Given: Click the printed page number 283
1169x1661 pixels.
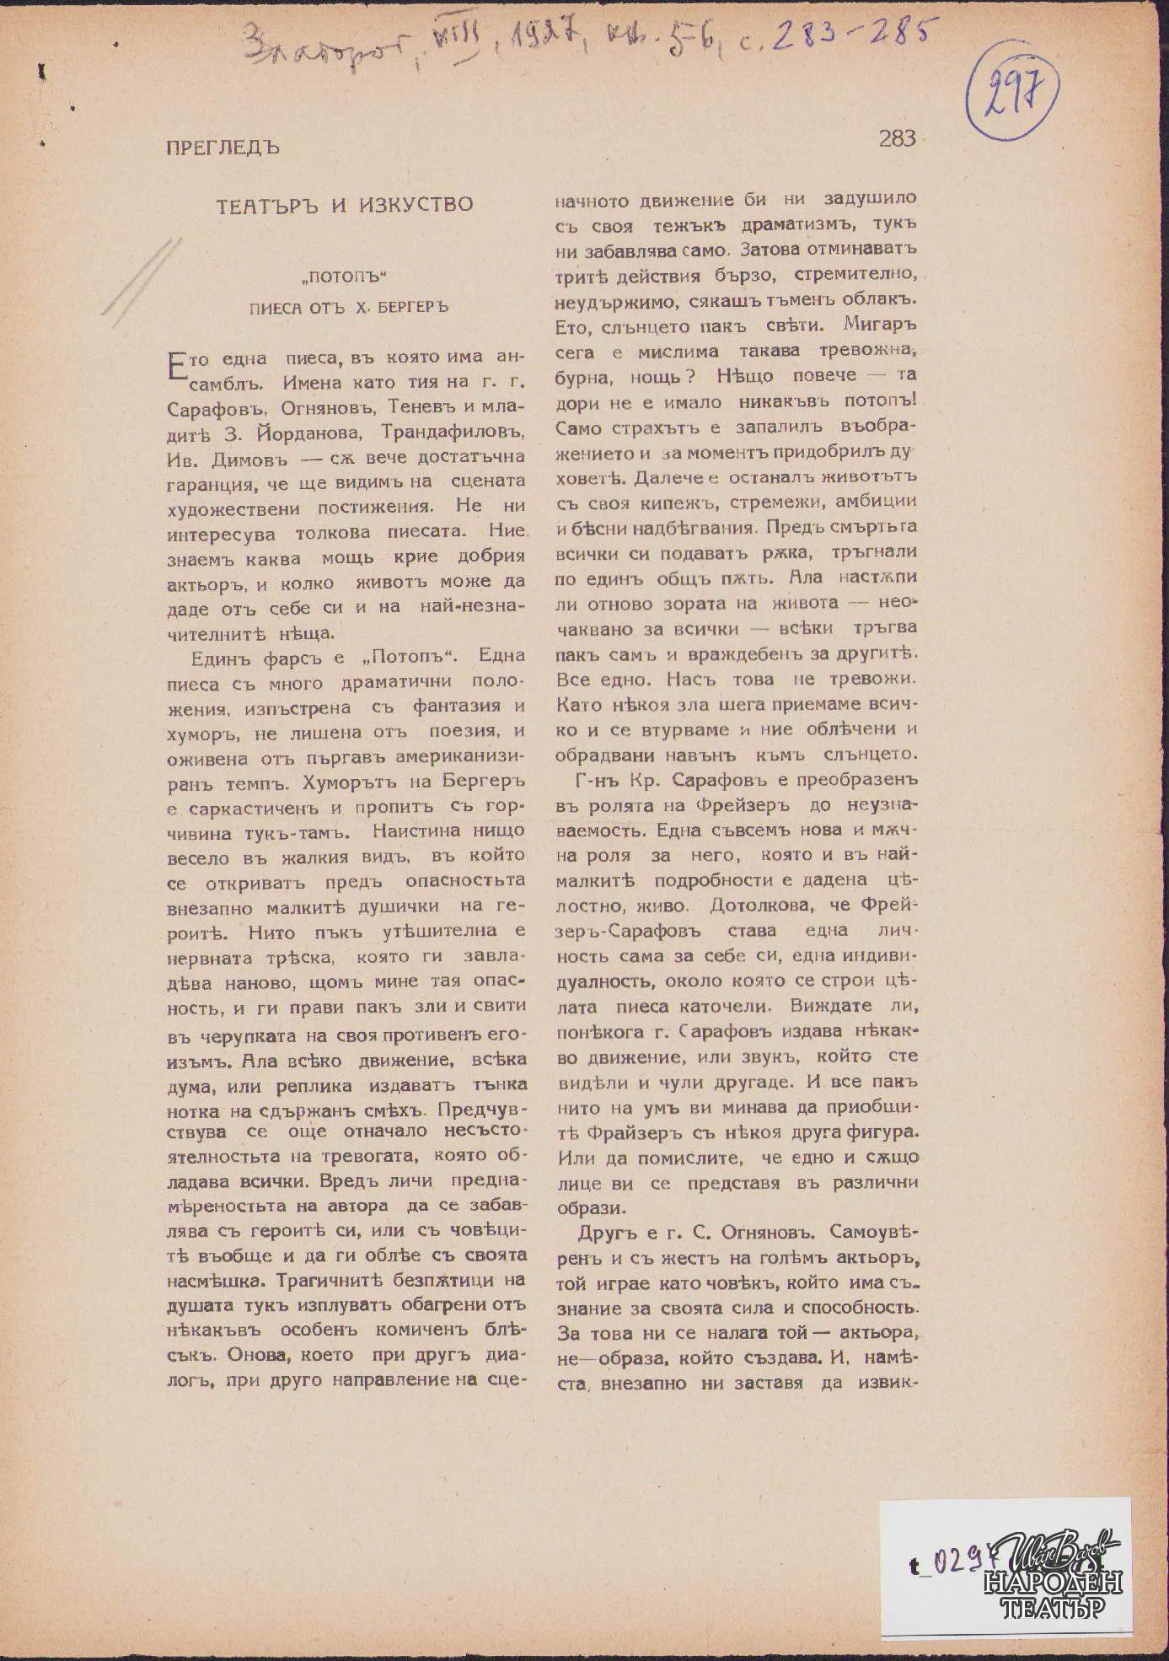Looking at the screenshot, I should coord(896,138).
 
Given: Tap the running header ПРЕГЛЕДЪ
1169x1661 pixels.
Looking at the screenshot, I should coord(223,148).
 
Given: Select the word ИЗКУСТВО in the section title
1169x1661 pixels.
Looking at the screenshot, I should coord(413,205).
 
